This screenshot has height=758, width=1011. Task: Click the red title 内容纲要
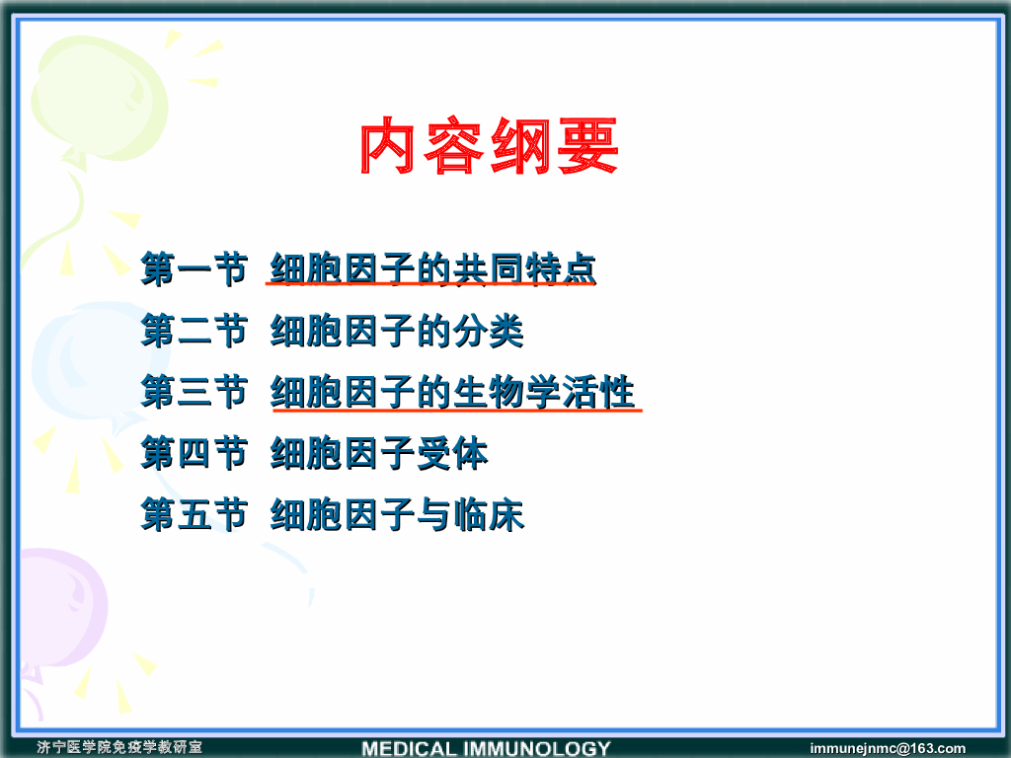click(490, 146)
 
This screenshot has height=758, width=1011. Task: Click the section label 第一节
click(194, 268)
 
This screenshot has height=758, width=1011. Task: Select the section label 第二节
click(194, 331)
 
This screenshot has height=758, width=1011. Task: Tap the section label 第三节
click(194, 392)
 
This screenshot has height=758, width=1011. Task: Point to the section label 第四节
click(194, 452)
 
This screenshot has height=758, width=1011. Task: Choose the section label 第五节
click(194, 514)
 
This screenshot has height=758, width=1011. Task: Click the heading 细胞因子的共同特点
click(432, 268)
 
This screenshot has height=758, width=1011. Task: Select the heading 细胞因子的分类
click(397, 331)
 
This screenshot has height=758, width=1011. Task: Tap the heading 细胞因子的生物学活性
click(452, 392)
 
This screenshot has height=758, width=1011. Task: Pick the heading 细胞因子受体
click(378, 452)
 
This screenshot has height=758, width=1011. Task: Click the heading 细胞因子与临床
click(397, 514)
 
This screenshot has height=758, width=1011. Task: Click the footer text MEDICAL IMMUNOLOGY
click(486, 748)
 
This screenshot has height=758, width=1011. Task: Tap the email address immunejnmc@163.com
click(888, 748)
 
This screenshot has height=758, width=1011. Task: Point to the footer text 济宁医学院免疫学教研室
click(119, 747)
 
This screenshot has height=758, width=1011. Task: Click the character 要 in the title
click(588, 146)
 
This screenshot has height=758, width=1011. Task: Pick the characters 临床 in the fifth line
click(488, 514)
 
